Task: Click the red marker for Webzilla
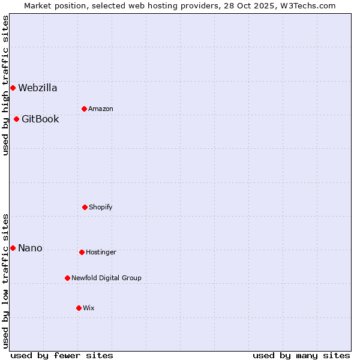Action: pos(13,88)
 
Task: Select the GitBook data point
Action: pos(16,119)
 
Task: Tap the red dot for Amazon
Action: pos(84,109)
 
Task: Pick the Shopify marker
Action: pos(85,207)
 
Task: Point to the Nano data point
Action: pos(13,248)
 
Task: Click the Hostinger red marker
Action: pos(82,252)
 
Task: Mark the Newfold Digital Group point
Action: pos(67,278)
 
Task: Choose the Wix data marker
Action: pos(79,308)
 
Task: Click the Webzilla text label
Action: pos(38,88)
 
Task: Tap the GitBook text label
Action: pos(40,119)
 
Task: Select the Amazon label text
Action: pos(101,109)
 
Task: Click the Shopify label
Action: pos(101,207)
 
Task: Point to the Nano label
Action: pos(30,248)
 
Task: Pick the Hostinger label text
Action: pos(101,252)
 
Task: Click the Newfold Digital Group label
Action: pos(106,278)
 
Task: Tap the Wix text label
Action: pos(89,308)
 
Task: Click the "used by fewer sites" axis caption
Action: pos(62,355)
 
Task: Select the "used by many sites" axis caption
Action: pos(301,355)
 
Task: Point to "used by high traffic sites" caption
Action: pos(5,85)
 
